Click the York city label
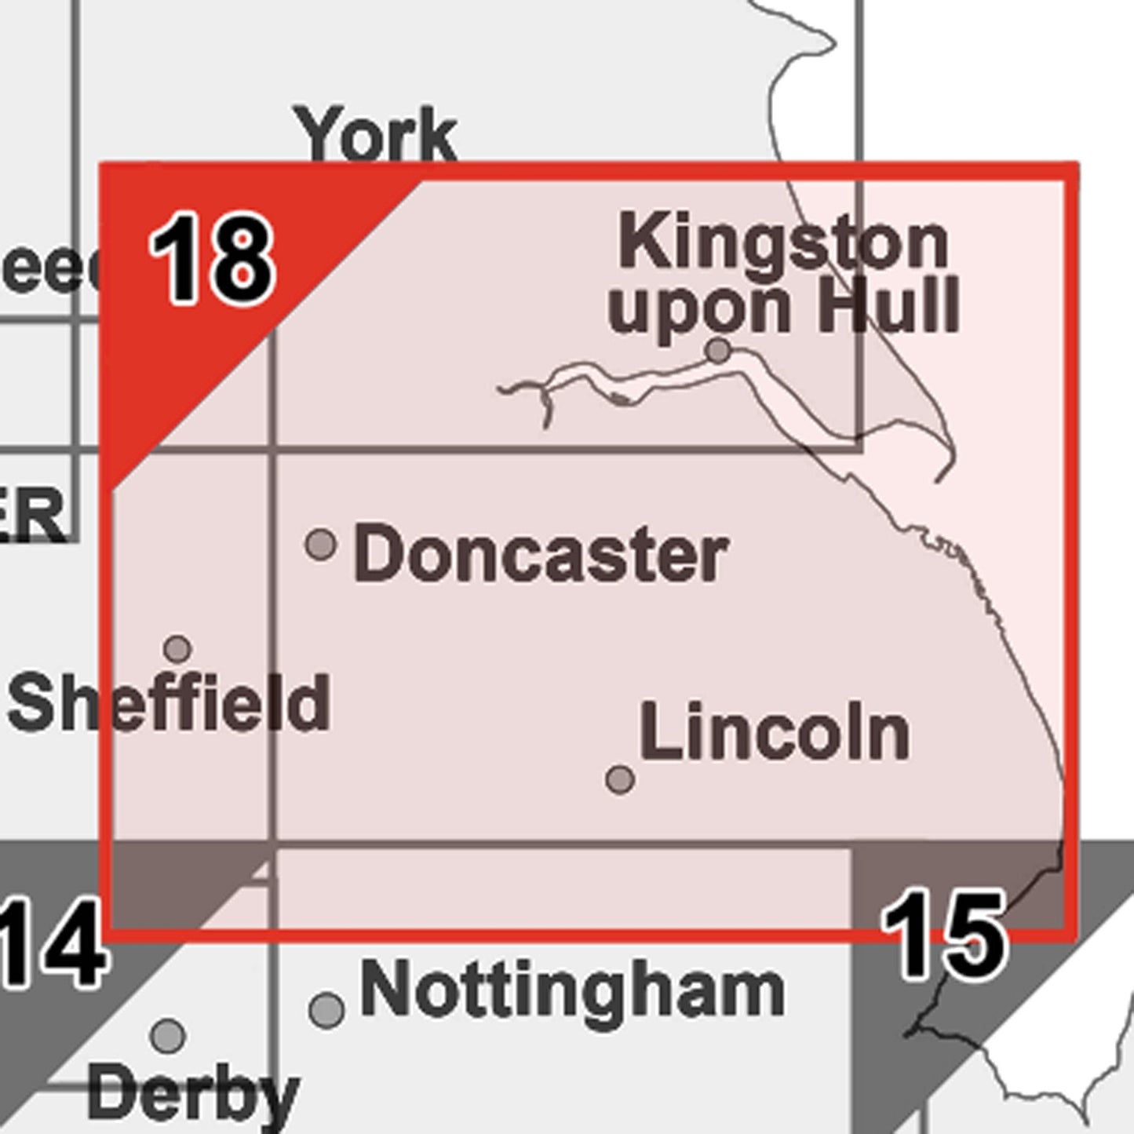[375, 136]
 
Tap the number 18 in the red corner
[212, 259]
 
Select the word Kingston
[782, 242]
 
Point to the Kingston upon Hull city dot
[718, 350]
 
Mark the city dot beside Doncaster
[320, 543]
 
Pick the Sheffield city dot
[178, 649]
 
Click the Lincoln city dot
[620, 779]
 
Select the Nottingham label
[572, 990]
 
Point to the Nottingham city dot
[326, 1009]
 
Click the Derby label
[193, 1093]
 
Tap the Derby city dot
[168, 1036]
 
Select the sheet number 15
[942, 935]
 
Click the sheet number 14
[51, 944]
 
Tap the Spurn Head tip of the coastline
[939, 479]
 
